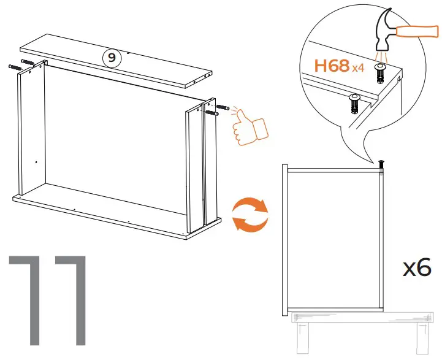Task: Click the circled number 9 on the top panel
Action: [x=110, y=58]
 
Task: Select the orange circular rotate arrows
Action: [x=250, y=215]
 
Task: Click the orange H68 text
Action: [x=332, y=66]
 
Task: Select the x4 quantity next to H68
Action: [x=359, y=68]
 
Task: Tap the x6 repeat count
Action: [x=417, y=267]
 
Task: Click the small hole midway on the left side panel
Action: [x=36, y=162]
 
